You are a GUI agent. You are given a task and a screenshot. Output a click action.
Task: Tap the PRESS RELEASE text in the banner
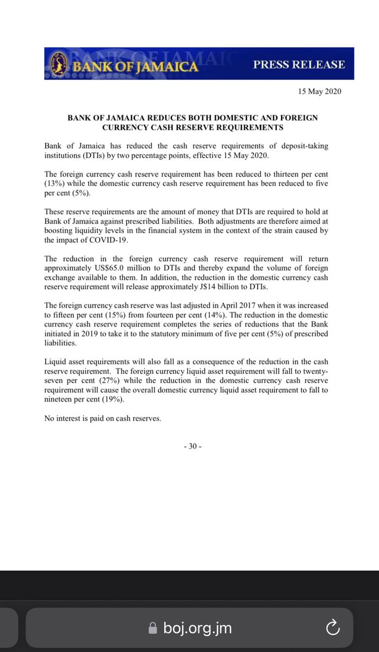299,64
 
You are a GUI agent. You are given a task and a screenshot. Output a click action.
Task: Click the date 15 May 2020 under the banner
319,91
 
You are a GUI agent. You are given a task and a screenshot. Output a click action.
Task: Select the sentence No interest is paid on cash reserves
103,418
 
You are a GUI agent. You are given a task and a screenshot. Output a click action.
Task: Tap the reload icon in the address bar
332,629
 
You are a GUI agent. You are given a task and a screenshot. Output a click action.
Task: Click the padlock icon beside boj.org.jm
153,629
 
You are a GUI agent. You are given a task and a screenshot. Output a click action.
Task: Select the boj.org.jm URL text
198,629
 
